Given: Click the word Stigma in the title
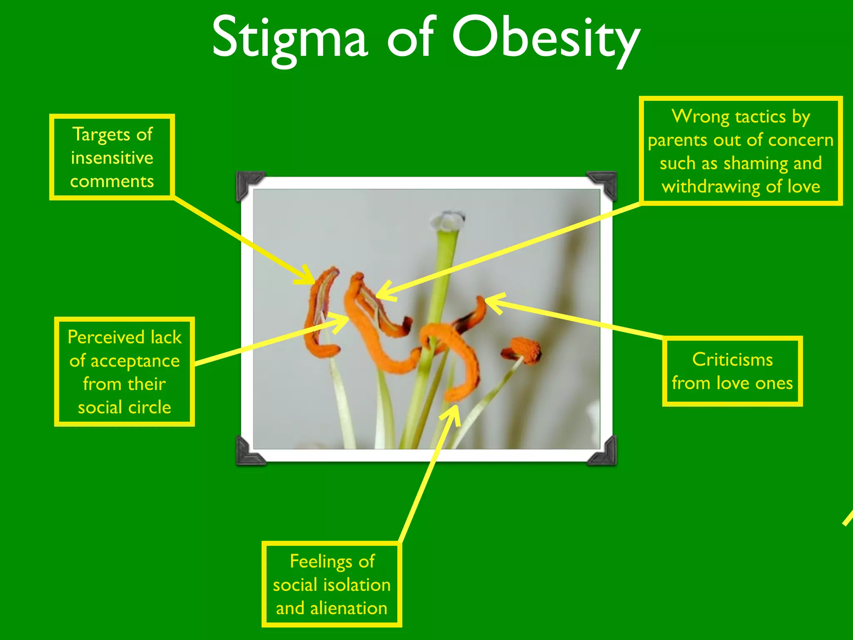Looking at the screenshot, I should [x=289, y=38].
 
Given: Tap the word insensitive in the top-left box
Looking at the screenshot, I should [x=112, y=158].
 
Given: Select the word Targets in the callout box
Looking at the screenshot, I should [x=101, y=135].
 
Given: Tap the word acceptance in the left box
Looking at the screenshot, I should [x=135, y=361].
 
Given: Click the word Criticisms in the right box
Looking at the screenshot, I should [x=732, y=360].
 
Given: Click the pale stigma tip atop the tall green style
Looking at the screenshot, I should [x=448, y=220].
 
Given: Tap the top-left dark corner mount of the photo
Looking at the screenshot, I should [x=247, y=184].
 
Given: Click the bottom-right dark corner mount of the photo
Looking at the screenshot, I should [x=604, y=452].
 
